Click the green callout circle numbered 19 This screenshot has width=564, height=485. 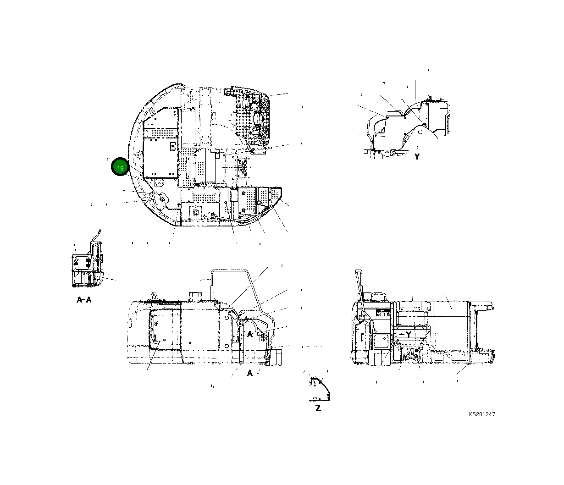(x=120, y=168)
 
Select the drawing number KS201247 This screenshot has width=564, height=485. (x=481, y=414)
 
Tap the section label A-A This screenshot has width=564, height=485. (x=84, y=300)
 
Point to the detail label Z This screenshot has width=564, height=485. (x=318, y=408)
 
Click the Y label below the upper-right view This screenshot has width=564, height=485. (x=417, y=157)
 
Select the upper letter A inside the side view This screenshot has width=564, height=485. (x=250, y=335)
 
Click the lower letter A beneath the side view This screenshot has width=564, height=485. (x=250, y=373)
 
